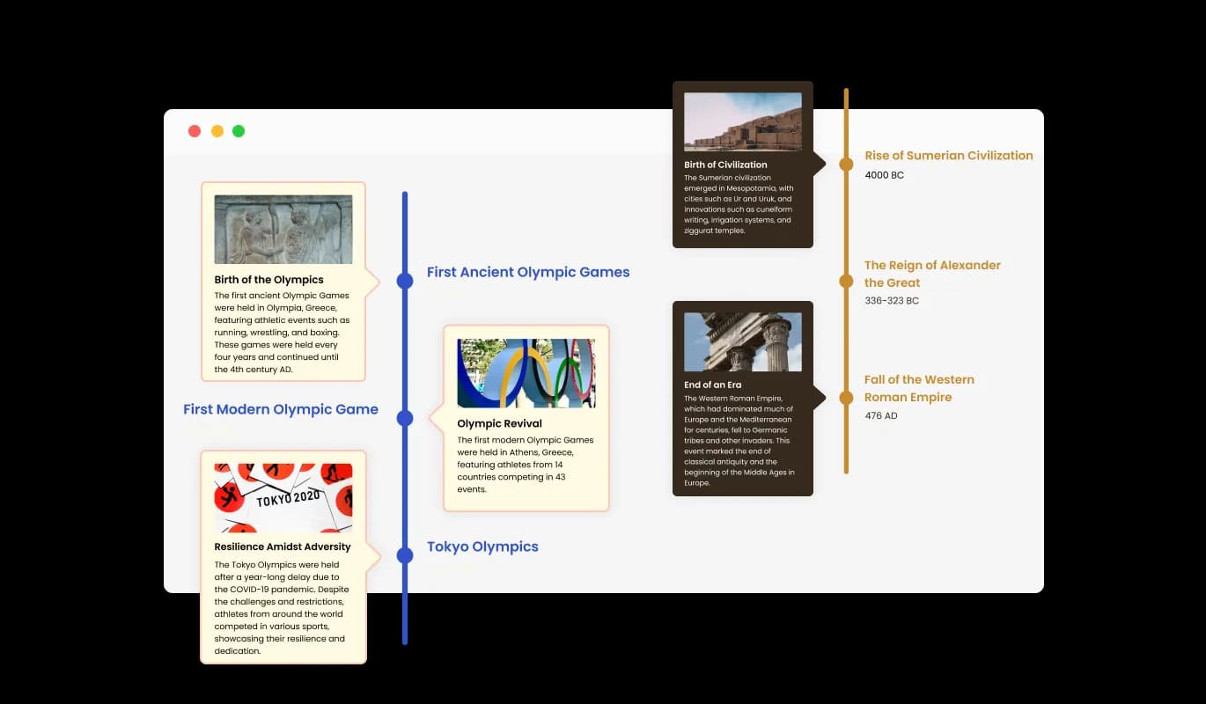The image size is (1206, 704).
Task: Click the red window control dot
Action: click(x=195, y=131)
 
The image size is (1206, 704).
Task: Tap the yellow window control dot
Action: click(x=217, y=131)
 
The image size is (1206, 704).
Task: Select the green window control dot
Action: click(x=239, y=131)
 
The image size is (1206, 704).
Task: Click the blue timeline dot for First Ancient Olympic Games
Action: click(x=405, y=281)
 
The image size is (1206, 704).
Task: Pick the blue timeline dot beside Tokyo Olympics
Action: click(x=405, y=555)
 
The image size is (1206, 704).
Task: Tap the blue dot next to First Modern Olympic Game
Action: click(x=405, y=418)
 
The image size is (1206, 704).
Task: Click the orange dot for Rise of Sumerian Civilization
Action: click(x=846, y=165)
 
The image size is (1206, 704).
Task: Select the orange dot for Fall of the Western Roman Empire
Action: click(x=846, y=398)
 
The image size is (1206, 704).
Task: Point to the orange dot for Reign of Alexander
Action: click(x=846, y=281)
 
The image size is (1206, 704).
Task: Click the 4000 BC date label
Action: click(x=884, y=175)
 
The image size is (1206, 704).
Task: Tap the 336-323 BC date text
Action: click(x=892, y=300)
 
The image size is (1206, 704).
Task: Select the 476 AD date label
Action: click(x=881, y=415)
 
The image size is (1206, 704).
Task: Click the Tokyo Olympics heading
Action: click(x=482, y=546)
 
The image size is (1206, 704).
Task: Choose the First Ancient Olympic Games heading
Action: click(x=528, y=272)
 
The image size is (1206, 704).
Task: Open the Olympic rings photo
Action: click(x=526, y=373)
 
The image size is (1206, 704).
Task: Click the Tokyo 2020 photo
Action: click(x=283, y=498)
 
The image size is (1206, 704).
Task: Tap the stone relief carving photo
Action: click(x=283, y=230)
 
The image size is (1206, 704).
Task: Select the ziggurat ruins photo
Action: click(x=742, y=121)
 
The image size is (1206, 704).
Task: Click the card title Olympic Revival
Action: click(x=499, y=423)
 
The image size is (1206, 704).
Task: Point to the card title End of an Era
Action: click(x=712, y=385)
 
